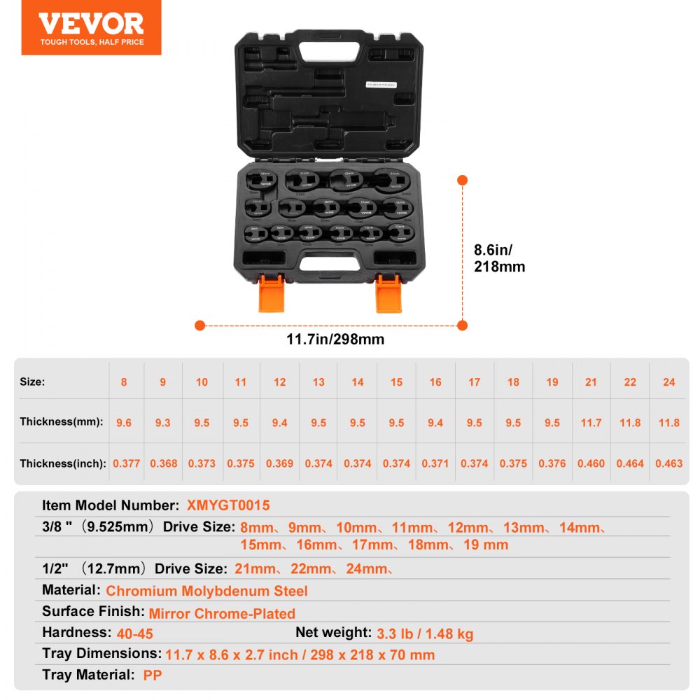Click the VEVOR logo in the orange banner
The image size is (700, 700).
point(91,24)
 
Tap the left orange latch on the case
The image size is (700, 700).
point(272,293)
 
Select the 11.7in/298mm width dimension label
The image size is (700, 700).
point(335,339)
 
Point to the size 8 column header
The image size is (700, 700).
point(124,382)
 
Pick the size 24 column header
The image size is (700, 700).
point(668,382)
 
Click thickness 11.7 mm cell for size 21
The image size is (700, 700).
point(591,422)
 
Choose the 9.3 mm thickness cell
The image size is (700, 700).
point(163,422)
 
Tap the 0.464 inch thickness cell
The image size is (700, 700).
point(630,463)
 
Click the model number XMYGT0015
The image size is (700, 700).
point(228,505)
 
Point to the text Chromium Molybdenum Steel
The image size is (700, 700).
point(206,591)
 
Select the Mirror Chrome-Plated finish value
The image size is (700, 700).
point(222,614)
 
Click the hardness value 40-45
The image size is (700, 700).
point(135,634)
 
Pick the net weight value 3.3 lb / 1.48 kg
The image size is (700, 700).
point(425,634)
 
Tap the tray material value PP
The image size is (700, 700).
point(153,676)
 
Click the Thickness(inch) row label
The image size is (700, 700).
point(62,463)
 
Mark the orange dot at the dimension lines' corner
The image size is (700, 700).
point(462,325)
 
